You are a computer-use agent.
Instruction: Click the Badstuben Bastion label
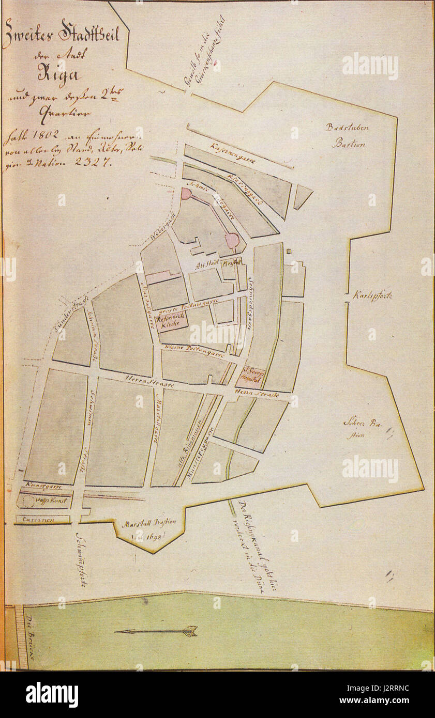coord(347,135)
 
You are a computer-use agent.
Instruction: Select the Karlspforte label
coord(372,296)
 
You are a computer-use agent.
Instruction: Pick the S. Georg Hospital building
coord(252,378)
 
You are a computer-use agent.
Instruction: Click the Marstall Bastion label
coord(148,523)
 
